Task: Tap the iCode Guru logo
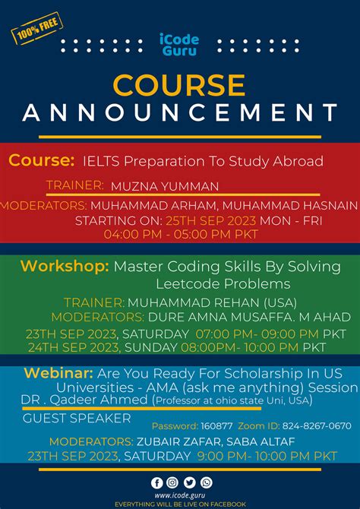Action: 180,44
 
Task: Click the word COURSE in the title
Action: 180,84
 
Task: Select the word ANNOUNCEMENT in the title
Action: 180,112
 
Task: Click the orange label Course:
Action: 42,161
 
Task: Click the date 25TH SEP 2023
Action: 211,220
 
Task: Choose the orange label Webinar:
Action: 58,374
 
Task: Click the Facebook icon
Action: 157,482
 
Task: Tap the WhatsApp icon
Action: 206,482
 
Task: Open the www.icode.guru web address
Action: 180,495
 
